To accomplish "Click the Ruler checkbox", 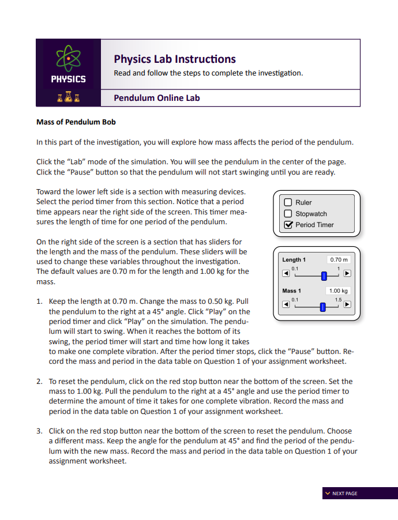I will tap(288, 202).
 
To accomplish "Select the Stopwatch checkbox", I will tap(288, 214).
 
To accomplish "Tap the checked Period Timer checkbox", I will tap(288, 225).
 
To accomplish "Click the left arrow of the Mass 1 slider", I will tap(286, 305).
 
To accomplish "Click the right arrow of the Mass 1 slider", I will tap(347, 305).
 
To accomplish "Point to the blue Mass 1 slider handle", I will tap(322, 306).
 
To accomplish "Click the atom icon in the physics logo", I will tap(68, 59).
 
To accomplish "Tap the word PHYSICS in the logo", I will tap(68, 80).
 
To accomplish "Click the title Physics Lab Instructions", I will tap(175, 59).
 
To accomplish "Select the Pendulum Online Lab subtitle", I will tap(157, 98).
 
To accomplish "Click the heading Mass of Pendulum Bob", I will tap(76, 122).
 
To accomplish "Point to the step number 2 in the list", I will tap(39, 382).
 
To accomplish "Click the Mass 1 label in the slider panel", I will tap(291, 291).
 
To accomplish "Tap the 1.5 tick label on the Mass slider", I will tap(338, 300).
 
